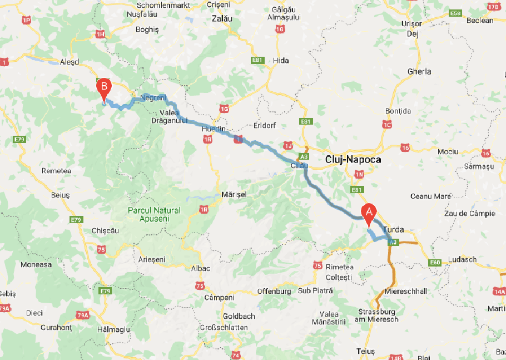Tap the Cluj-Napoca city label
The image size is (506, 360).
[353, 160]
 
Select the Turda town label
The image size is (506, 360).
[393, 230]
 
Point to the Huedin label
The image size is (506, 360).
[214, 129]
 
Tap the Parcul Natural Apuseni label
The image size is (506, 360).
[154, 214]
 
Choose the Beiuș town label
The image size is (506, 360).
[60, 195]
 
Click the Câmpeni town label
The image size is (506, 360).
[220, 298]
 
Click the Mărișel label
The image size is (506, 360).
[234, 194]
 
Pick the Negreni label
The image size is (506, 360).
[153, 98]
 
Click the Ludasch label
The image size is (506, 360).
[462, 259]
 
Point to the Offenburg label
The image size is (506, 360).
[274, 291]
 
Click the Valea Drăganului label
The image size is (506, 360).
[170, 116]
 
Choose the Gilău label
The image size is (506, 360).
[299, 166]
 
